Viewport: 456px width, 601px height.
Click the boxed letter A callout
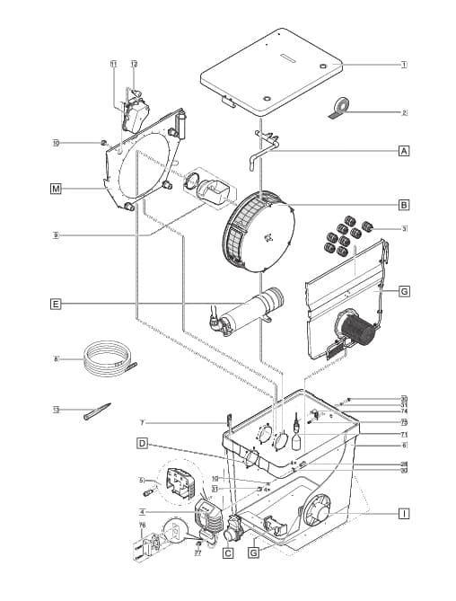pos(404,151)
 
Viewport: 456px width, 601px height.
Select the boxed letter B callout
pos(404,204)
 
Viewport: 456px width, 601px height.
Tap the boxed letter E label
pos(56,305)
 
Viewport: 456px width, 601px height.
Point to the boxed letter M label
pos(56,189)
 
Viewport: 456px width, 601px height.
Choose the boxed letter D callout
pos(142,444)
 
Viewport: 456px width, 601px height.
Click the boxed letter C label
pos(228,553)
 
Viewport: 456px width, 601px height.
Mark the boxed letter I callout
pos(404,513)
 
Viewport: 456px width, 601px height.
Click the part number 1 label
pos(404,65)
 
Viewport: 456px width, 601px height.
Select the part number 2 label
pos(404,112)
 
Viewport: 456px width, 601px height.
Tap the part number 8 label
pos(56,359)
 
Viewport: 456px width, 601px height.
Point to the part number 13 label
pos(56,409)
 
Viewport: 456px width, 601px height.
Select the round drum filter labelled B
pos(259,231)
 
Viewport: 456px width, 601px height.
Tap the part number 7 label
pos(142,421)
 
